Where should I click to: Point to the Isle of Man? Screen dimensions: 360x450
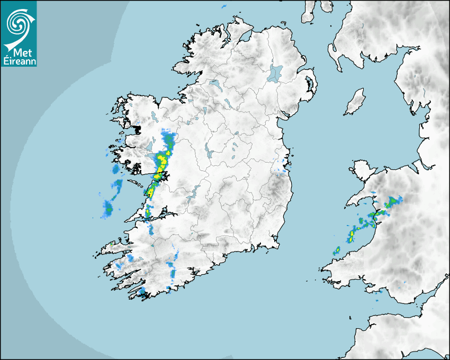click(x=355, y=102)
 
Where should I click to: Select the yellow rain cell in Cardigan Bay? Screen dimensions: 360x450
click(x=352, y=234)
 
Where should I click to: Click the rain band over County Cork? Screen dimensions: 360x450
click(x=173, y=267)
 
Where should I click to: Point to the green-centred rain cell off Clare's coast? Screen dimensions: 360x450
click(x=109, y=208)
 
